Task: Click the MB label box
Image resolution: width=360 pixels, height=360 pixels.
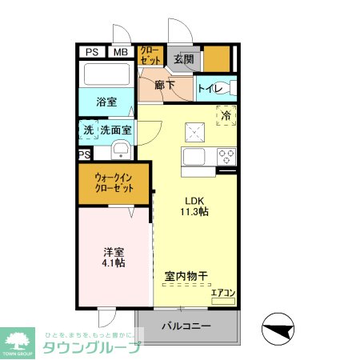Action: pos(119,53)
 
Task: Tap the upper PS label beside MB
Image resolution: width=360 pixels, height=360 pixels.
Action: pos(92,53)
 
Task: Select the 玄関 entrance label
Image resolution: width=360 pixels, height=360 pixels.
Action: pos(183,58)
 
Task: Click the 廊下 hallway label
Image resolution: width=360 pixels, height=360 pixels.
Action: pos(165,85)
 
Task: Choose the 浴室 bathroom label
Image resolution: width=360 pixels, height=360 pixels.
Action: pos(107,102)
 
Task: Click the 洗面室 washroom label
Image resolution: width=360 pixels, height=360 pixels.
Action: pos(116,129)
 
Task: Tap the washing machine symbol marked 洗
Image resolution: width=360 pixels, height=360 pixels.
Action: pos(86,130)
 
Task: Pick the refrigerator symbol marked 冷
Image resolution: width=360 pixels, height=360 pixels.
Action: pos(226,114)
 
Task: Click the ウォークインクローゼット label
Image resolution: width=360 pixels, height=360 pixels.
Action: pos(113,183)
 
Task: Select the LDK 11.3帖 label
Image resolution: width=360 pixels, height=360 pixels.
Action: pos(196,206)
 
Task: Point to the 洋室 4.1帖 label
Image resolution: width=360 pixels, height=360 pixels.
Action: pos(113,255)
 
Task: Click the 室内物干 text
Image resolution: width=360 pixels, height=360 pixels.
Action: pos(186,276)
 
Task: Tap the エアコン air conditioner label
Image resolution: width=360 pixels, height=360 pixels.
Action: pos(222,294)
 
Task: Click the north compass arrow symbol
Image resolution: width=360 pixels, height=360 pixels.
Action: pos(277,327)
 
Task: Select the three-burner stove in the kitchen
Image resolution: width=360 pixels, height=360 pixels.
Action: pos(226,156)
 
